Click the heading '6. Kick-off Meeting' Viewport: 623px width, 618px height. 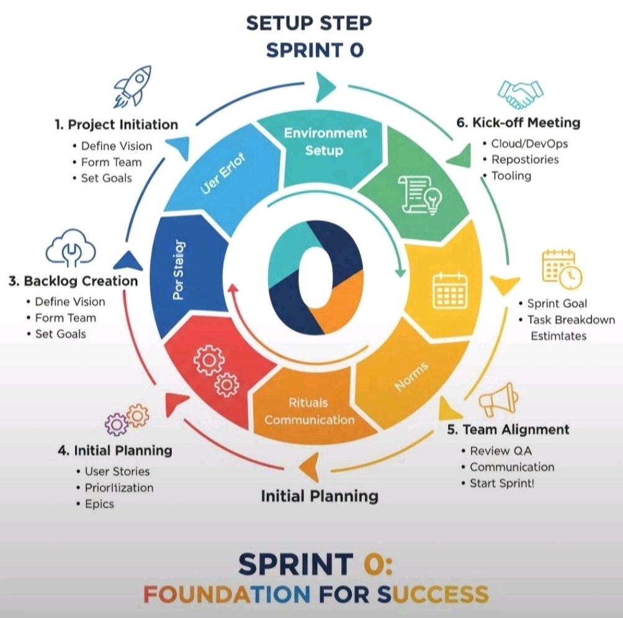pyautogui.click(x=518, y=122)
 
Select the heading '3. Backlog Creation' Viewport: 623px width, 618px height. pyautogui.click(x=73, y=281)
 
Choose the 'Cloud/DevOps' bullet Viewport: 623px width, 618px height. pyautogui.click(x=529, y=143)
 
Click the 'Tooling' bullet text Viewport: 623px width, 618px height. pyautogui.click(x=511, y=176)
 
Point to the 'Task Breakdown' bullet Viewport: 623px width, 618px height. pyautogui.click(x=571, y=320)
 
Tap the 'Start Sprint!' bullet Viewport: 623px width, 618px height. pyautogui.click(x=501, y=483)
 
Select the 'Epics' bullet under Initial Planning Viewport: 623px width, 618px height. pyautogui.click(x=99, y=504)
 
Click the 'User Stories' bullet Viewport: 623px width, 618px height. pyautogui.click(x=117, y=472)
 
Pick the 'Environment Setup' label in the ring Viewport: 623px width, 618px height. pyautogui.click(x=325, y=141)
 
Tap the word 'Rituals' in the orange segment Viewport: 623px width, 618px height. pyautogui.click(x=308, y=403)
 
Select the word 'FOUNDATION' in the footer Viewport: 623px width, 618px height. pyautogui.click(x=227, y=594)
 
